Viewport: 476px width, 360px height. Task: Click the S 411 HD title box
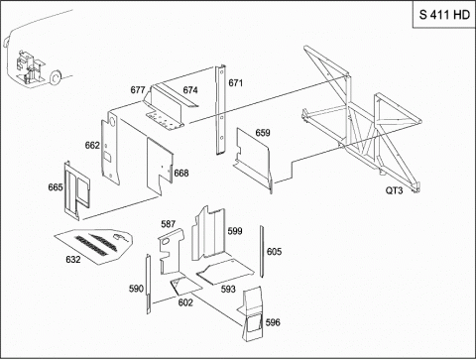click(x=444, y=15)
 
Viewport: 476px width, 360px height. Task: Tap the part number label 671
click(x=235, y=82)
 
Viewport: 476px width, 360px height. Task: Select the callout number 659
click(x=263, y=133)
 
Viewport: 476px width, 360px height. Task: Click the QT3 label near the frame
click(x=394, y=190)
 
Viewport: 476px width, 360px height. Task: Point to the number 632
click(x=73, y=259)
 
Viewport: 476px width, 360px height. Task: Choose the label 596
click(x=273, y=322)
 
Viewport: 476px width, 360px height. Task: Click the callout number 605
click(x=274, y=252)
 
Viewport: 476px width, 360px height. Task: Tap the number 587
click(x=168, y=224)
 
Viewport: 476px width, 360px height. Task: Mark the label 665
click(x=56, y=187)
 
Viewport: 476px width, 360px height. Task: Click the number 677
click(x=138, y=90)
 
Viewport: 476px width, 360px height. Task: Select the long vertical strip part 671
click(x=220, y=110)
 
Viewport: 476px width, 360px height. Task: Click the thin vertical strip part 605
click(x=262, y=252)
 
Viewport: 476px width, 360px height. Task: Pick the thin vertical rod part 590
click(x=149, y=284)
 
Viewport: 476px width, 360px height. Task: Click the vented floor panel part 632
click(x=94, y=246)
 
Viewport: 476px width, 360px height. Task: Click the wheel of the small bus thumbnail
click(x=56, y=76)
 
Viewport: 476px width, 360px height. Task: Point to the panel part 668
click(x=160, y=166)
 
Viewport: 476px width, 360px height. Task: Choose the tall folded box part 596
click(x=252, y=314)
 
